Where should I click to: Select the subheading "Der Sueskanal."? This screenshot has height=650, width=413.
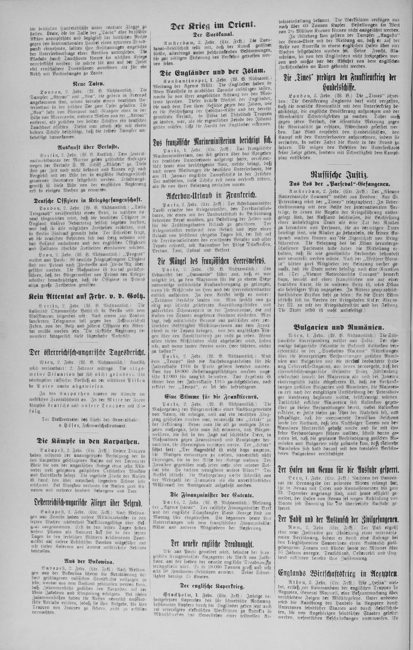[213, 35]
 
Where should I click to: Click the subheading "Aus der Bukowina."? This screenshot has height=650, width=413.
[87, 561]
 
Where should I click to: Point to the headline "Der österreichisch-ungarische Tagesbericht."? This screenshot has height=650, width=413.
[87, 353]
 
